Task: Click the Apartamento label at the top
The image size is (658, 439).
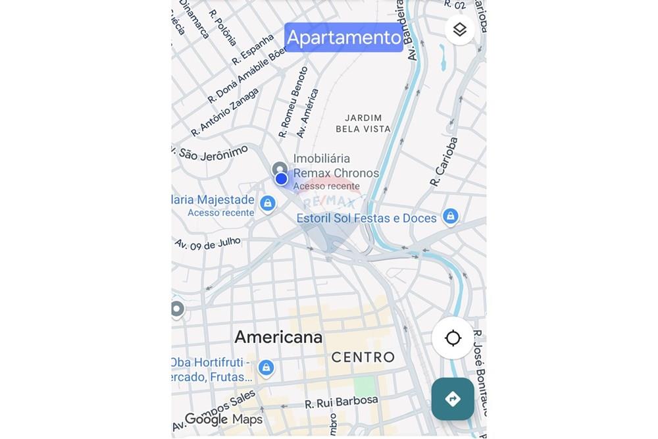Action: point(343,38)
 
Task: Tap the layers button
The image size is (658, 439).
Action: point(459,30)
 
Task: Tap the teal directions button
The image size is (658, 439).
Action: point(453,399)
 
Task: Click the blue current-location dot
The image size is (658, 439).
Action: point(282,178)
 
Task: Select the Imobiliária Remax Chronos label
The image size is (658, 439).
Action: point(336,166)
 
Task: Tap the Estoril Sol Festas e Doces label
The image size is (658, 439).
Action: point(367,219)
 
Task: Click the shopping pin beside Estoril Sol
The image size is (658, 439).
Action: point(450,215)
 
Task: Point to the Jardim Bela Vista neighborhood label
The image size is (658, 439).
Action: point(363,124)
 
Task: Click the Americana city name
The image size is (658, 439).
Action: point(278,337)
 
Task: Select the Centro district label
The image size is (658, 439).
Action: point(363,357)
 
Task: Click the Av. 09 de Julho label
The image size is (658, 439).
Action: point(208,244)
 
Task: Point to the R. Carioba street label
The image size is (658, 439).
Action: point(443,162)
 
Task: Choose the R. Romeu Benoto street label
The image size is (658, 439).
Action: point(293,101)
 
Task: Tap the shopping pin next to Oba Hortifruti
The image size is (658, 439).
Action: point(266,367)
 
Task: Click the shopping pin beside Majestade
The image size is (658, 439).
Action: point(267,203)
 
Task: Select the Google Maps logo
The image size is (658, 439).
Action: point(223,419)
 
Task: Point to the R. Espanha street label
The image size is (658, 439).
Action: point(253,51)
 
